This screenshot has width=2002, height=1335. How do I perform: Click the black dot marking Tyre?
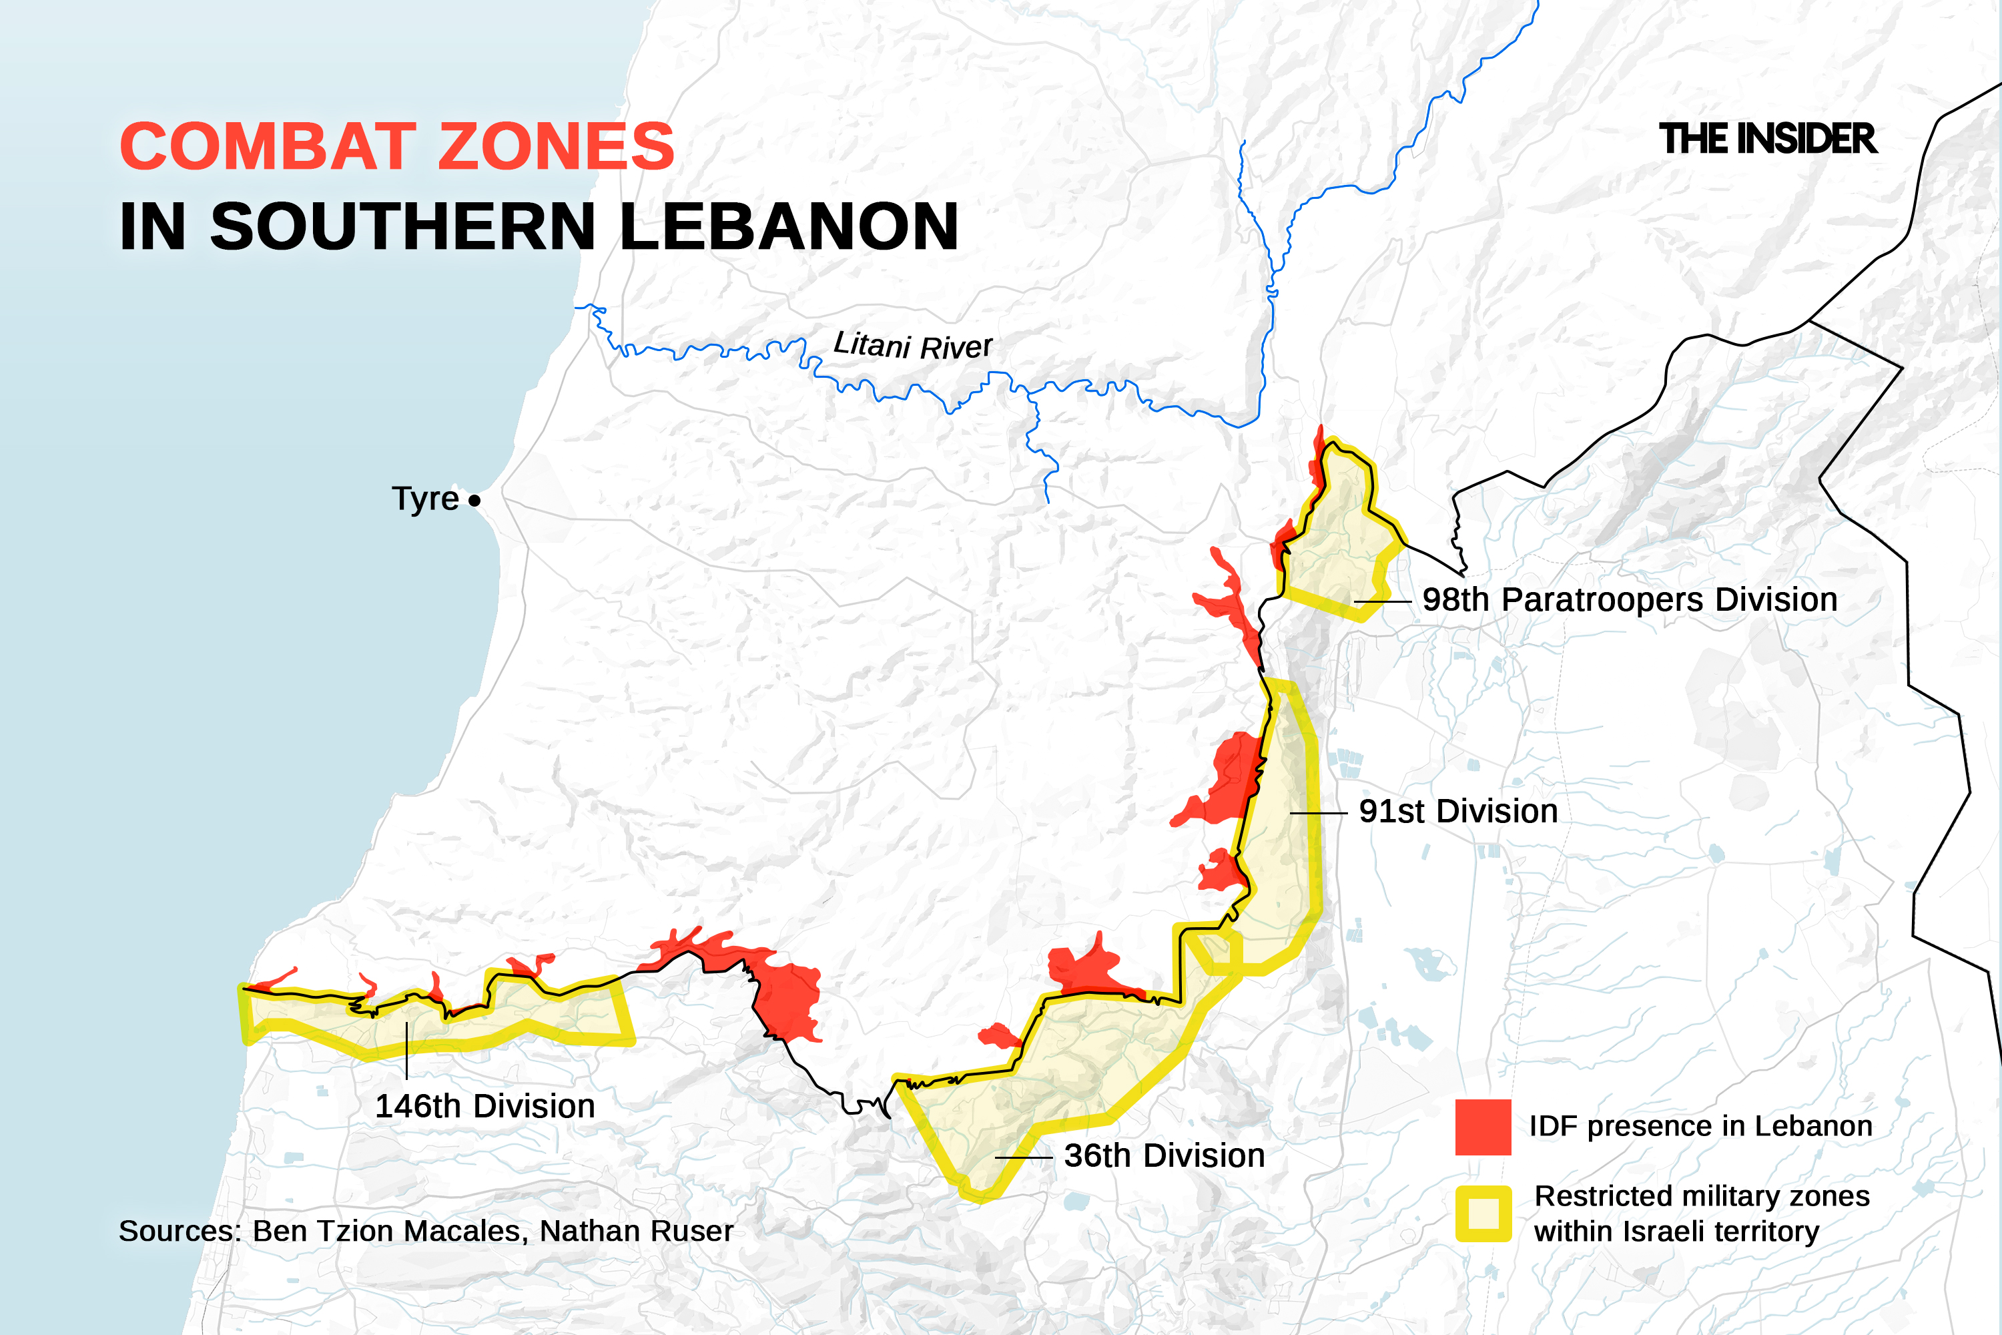(x=474, y=501)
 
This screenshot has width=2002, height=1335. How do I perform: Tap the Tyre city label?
(x=424, y=499)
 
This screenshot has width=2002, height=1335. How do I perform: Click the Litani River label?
(x=912, y=345)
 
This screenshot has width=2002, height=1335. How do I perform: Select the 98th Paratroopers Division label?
(x=1629, y=600)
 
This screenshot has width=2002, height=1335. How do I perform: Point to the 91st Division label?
(x=1458, y=812)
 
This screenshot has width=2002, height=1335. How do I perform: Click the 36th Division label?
(x=1164, y=1156)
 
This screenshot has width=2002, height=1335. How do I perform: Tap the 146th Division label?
(x=484, y=1107)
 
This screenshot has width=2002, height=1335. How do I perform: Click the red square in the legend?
(x=1483, y=1127)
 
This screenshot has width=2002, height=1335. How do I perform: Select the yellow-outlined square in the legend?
(x=1483, y=1214)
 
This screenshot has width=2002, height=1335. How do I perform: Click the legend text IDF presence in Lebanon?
(x=1700, y=1127)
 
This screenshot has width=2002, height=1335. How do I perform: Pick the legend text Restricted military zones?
(x=1700, y=1196)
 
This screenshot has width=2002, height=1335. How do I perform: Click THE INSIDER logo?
(x=1767, y=139)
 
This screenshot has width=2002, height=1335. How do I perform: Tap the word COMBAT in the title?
(x=268, y=146)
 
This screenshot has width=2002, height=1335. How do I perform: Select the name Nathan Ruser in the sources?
(x=636, y=1231)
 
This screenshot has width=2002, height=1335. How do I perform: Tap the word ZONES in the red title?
(x=556, y=146)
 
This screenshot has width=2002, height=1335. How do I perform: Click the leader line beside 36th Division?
(x=1023, y=1158)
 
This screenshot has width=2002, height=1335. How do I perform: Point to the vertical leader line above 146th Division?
(x=407, y=1051)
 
